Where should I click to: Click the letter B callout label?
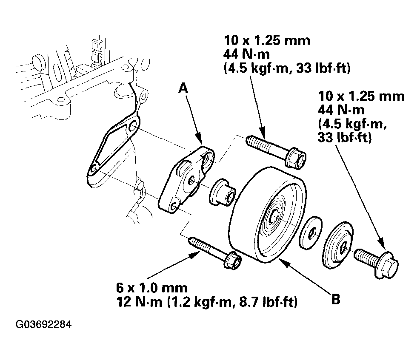point(336,299)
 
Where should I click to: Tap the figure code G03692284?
point(44,324)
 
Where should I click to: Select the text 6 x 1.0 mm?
point(151,288)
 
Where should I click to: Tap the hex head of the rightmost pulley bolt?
point(388,265)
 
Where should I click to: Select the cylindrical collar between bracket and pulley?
point(222,193)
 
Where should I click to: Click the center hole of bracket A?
point(192,181)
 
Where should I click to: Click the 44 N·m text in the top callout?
point(246,55)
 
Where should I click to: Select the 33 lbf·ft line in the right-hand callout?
point(345,138)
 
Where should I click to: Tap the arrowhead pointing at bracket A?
point(199,137)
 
